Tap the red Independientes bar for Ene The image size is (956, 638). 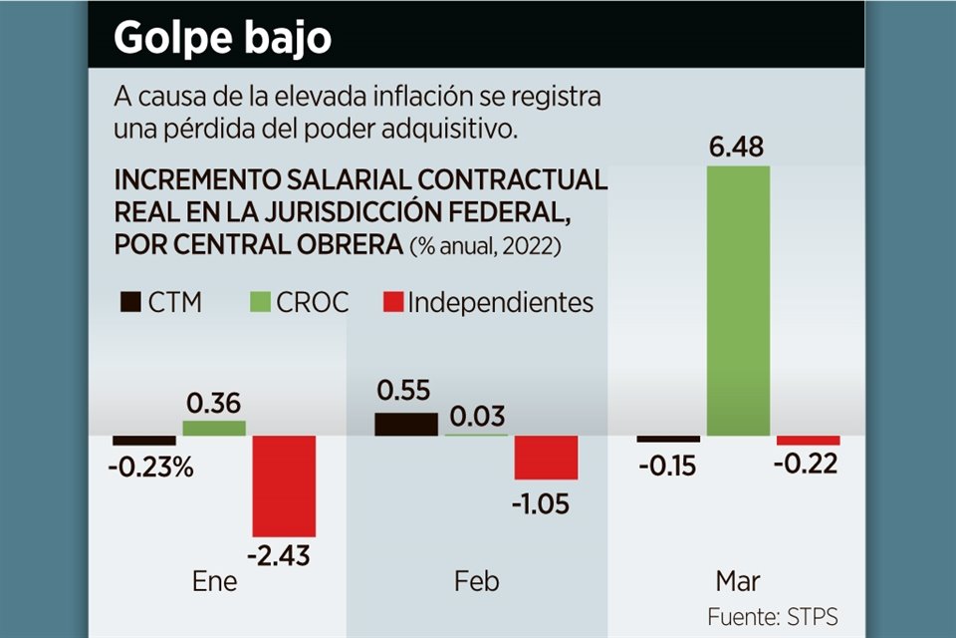pos(284,485)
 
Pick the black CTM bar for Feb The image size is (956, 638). pos(406,423)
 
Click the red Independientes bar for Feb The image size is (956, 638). pos(546,458)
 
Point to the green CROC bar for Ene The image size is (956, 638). pos(214,428)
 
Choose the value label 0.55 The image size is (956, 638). pos(405,389)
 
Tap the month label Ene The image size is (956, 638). pos(214,581)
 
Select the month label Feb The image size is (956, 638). pos(476,581)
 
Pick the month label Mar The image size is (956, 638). pos(738,581)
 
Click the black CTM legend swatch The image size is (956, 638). pos(130,302)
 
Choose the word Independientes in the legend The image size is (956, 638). pos(500,302)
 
